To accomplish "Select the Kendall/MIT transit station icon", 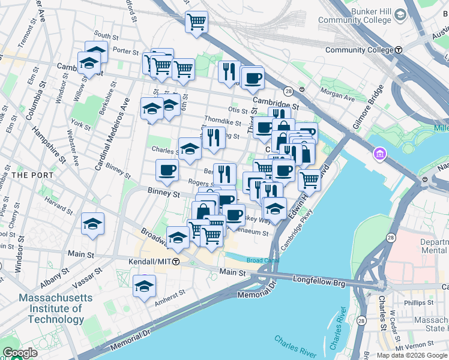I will coord(176,262).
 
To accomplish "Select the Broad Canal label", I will coord(263,260).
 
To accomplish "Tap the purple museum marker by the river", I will coord(379,156).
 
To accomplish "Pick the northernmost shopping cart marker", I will coord(196,22).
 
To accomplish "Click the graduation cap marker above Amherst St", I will coord(144,286).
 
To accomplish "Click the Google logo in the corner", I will coord(20,353).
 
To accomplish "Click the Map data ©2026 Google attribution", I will coord(412,355).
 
